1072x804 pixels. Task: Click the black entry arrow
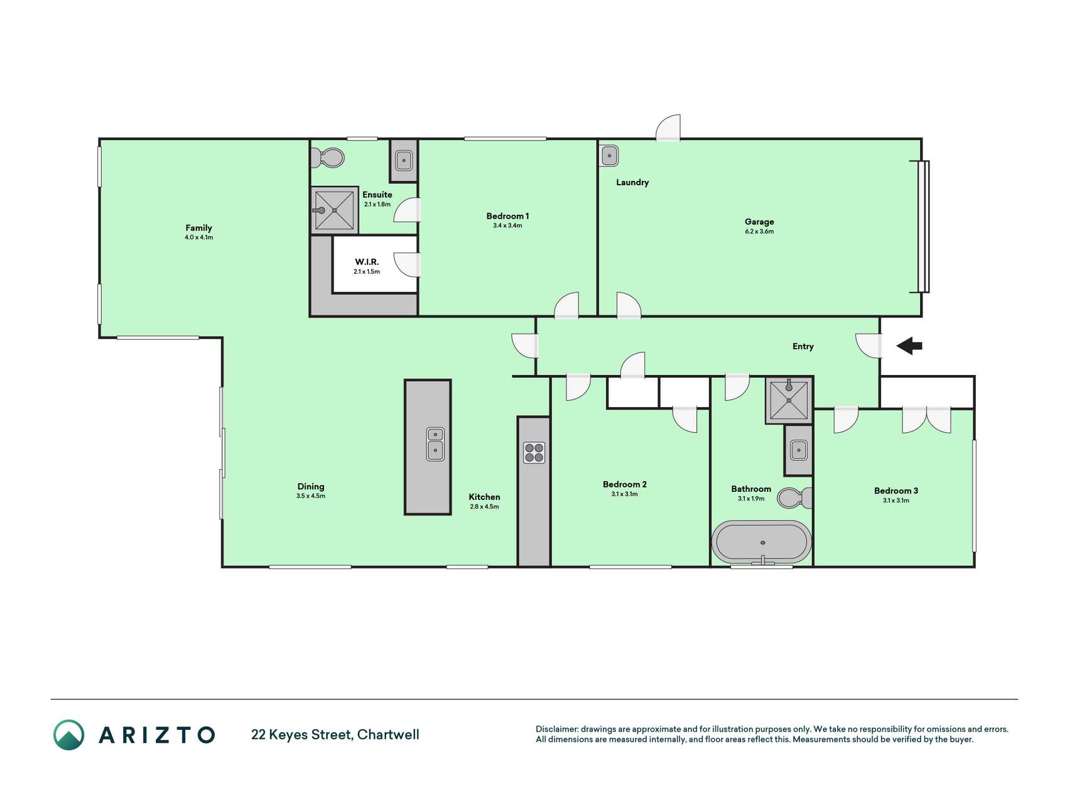point(909,345)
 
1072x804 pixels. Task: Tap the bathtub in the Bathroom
point(761,542)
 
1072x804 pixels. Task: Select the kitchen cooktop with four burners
point(534,452)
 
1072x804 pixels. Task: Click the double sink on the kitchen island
point(435,443)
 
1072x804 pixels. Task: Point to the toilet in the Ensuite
point(328,158)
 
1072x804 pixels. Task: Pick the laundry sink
point(609,156)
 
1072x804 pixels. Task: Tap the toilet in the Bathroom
point(794,498)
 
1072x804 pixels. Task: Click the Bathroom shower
point(789,399)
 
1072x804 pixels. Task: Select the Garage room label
point(759,222)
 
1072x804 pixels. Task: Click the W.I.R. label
point(367,262)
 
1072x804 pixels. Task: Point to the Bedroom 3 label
point(896,491)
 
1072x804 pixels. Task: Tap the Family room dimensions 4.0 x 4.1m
point(198,237)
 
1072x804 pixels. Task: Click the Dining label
point(311,486)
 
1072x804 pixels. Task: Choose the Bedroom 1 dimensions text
point(507,225)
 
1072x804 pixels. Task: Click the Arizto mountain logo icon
point(68,735)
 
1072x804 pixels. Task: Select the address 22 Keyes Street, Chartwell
point(335,734)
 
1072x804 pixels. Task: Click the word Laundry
point(632,182)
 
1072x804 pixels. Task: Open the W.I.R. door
point(408,264)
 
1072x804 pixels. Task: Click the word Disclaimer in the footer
point(556,729)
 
